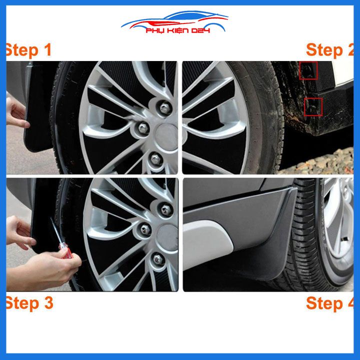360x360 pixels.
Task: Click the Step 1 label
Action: (x=29, y=50)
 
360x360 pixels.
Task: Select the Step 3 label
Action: (x=29, y=303)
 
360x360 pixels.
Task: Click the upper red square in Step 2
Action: (x=308, y=70)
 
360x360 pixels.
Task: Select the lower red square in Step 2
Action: (x=313, y=106)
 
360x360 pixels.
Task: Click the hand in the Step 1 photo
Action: (x=16, y=112)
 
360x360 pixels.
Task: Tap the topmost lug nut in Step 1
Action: (x=164, y=106)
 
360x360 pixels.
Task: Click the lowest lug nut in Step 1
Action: (x=155, y=159)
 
